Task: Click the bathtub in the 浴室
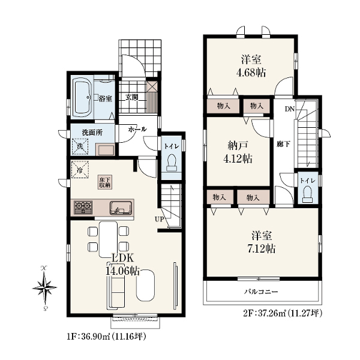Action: [x=82, y=97]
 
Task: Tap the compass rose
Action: [x=44, y=288]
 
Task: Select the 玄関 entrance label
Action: [x=132, y=97]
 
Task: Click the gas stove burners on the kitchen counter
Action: [x=83, y=208]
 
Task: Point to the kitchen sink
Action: [x=121, y=208]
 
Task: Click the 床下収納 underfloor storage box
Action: [x=106, y=182]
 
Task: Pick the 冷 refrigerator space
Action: [x=80, y=170]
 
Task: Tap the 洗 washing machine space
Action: [x=80, y=146]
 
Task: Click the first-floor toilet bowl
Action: [x=172, y=163]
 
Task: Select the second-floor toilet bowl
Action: [x=308, y=194]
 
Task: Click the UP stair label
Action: [x=160, y=219]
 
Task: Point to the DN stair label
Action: [x=290, y=109]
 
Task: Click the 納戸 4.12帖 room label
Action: [x=238, y=152]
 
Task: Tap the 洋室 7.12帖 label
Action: [x=261, y=242]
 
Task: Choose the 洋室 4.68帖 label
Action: [x=251, y=66]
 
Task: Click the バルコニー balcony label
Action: [x=261, y=292]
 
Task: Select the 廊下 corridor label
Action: [x=283, y=144]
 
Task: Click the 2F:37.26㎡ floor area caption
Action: [x=283, y=313]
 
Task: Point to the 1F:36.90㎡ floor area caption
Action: [x=107, y=337]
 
